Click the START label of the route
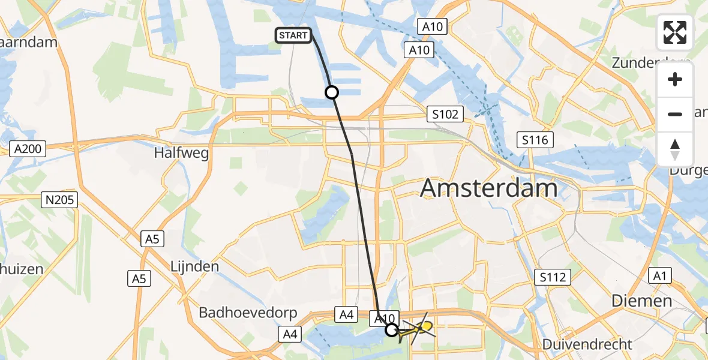click(293, 35)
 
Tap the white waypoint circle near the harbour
click(332, 92)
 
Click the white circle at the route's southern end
click(391, 329)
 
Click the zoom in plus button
click(675, 80)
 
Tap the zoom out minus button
click(675, 114)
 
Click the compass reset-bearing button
click(675, 149)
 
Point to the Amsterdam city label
click(489, 188)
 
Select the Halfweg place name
click(181, 153)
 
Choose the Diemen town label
click(641, 301)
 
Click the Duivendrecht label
click(587, 344)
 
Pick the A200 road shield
click(28, 149)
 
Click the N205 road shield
click(61, 199)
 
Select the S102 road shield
click(445, 114)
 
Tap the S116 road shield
click(535, 140)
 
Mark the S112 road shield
click(552, 277)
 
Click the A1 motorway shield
click(661, 275)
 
